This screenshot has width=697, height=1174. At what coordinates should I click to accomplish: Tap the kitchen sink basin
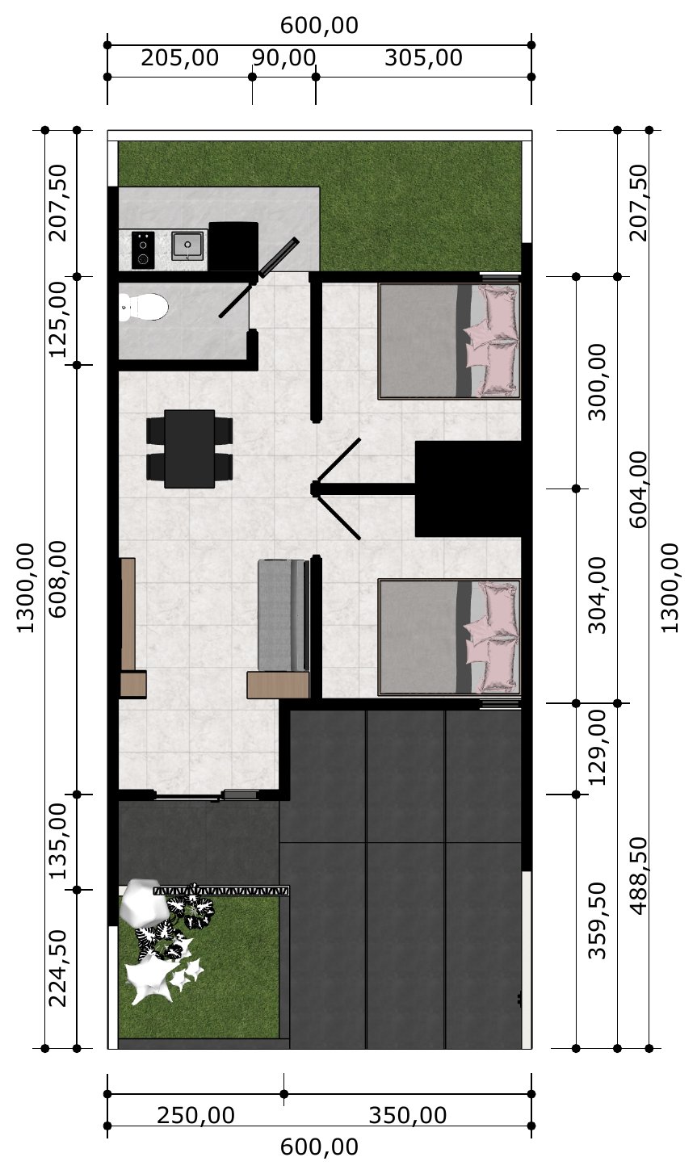pos(187,245)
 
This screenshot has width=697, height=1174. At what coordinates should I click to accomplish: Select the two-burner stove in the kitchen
pos(142,250)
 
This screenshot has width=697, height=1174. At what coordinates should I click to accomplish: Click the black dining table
pos(189,449)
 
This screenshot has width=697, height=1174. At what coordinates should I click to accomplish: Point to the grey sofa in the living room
pos(283,615)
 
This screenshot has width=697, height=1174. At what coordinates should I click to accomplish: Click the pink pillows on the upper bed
pos(492,340)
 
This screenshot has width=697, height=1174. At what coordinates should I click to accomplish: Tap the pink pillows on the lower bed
pos(492,637)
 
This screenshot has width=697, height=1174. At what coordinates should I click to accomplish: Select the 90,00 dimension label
pos(284,57)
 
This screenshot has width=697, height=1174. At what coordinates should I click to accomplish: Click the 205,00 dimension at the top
pos(180,57)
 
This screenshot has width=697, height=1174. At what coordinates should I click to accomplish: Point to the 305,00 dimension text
pos(423,57)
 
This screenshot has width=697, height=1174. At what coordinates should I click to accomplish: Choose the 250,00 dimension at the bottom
pos(195,1115)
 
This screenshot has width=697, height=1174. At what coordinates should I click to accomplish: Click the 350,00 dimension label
pos(408,1115)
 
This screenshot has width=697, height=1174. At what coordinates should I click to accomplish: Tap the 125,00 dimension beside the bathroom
pos(58,319)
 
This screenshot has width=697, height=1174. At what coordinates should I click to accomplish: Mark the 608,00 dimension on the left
pos(58,579)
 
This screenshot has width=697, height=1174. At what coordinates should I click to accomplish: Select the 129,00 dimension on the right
pos(597,748)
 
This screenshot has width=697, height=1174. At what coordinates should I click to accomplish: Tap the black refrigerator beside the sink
pos(233,246)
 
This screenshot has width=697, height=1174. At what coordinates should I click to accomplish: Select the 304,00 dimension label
pos(597,595)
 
